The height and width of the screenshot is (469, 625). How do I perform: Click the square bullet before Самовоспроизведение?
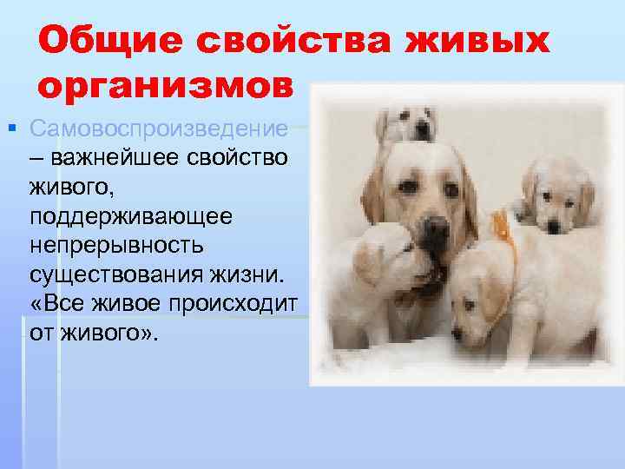pos(11,129)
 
